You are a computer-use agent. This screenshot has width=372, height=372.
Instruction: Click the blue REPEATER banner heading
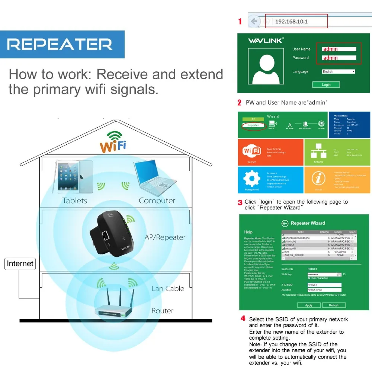[60, 45]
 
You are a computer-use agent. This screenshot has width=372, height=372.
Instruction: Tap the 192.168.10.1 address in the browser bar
[291, 22]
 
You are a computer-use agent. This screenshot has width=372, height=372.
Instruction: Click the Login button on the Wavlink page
[326, 84]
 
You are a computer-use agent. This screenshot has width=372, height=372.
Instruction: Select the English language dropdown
[339, 71]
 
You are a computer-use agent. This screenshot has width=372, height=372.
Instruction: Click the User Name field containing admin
[339, 49]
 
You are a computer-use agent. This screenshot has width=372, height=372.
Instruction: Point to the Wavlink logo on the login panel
[265, 40]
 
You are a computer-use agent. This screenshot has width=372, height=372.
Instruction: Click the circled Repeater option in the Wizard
[253, 125]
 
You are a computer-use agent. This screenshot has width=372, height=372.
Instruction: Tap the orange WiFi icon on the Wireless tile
[252, 151]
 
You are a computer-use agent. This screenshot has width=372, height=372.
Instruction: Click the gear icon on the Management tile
[252, 179]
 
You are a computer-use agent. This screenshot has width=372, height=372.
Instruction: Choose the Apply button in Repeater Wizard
[309, 305]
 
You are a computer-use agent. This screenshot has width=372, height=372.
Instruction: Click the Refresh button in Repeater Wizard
[334, 305]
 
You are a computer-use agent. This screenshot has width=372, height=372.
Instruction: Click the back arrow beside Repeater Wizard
[285, 223]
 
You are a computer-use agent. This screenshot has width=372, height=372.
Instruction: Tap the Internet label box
[20, 264]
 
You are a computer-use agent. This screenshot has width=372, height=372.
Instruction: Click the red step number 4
[243, 318]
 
